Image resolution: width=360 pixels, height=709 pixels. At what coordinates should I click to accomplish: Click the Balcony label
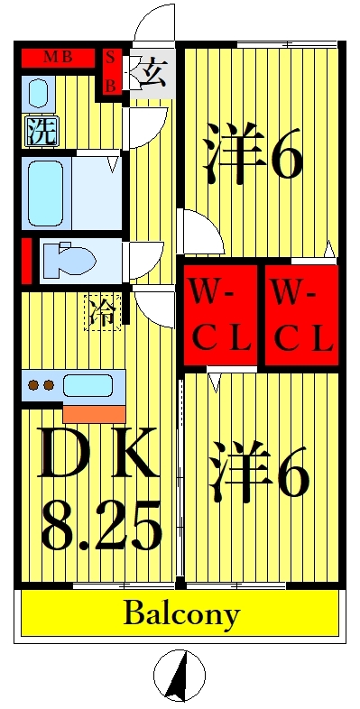(x=180, y=614)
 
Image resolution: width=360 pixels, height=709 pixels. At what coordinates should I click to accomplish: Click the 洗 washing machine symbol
(x=41, y=132)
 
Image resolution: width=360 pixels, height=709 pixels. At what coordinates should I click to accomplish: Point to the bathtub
(x=43, y=192)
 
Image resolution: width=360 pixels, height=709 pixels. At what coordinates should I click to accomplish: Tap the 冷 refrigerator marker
(x=103, y=314)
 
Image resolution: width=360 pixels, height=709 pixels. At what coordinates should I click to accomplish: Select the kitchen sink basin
(x=88, y=385)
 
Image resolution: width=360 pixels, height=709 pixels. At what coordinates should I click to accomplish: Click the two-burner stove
(x=42, y=385)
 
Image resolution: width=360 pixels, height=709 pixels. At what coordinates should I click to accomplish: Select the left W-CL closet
(x=219, y=316)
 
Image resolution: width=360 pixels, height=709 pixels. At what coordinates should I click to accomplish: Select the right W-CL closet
(x=301, y=316)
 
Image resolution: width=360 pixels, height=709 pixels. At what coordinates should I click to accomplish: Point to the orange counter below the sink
(x=94, y=413)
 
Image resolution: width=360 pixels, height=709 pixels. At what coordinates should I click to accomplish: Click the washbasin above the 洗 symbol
(x=38, y=93)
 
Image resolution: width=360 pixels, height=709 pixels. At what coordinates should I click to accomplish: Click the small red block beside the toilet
(x=26, y=260)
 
